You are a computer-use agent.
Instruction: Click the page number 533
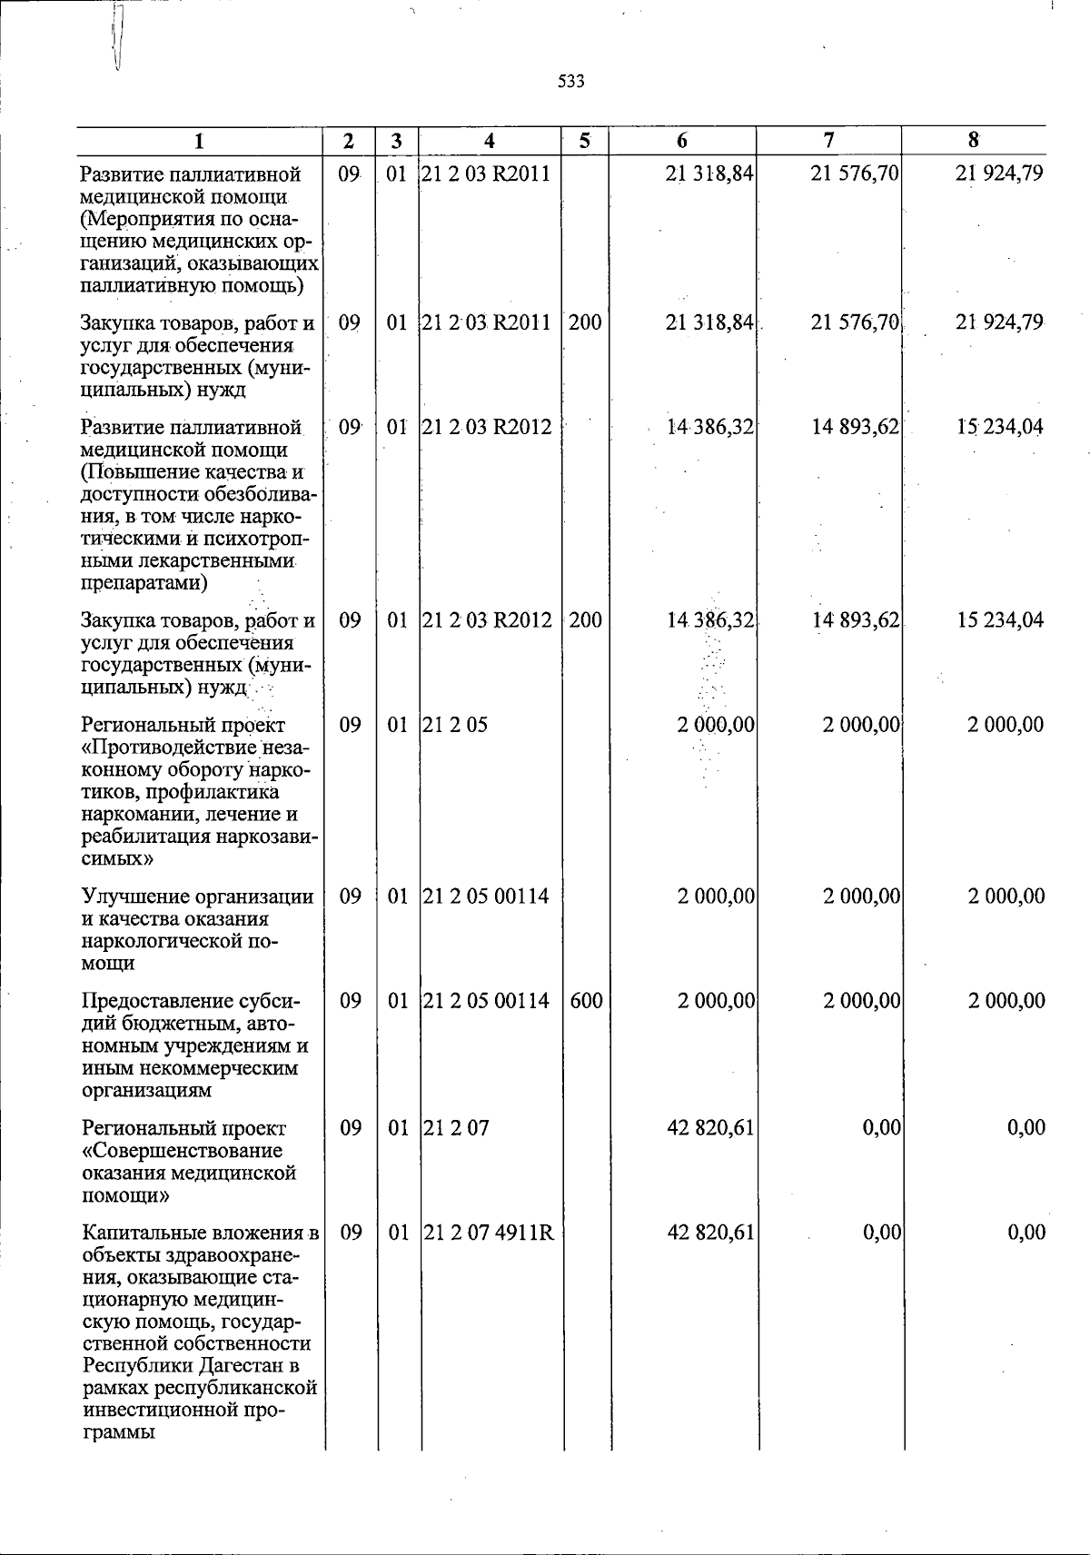click(x=571, y=82)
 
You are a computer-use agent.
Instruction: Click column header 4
click(x=490, y=141)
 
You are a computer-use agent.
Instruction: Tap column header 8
click(x=973, y=140)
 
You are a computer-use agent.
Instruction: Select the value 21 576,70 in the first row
click(x=855, y=173)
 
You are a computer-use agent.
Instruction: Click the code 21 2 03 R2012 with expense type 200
click(x=488, y=620)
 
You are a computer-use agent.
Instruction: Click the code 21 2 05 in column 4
click(x=455, y=725)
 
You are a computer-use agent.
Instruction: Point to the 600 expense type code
click(x=586, y=1000)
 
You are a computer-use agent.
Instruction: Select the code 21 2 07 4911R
click(x=488, y=1233)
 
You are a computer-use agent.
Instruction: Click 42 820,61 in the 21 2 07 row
click(x=710, y=1128)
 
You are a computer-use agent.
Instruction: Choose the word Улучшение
click(x=127, y=896)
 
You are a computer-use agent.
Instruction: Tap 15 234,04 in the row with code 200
click(x=999, y=620)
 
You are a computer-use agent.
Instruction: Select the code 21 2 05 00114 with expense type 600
click(x=486, y=1000)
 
